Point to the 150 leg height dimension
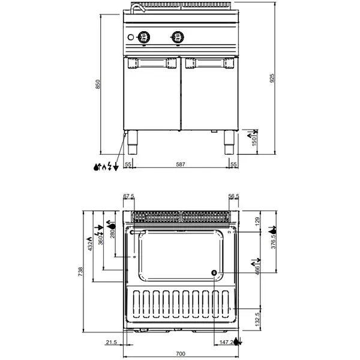(x=253, y=140)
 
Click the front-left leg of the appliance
(x=131, y=141)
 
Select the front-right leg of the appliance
(x=229, y=141)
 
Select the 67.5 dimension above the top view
(x=129, y=196)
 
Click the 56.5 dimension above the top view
(x=235, y=196)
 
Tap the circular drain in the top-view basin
(x=214, y=273)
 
